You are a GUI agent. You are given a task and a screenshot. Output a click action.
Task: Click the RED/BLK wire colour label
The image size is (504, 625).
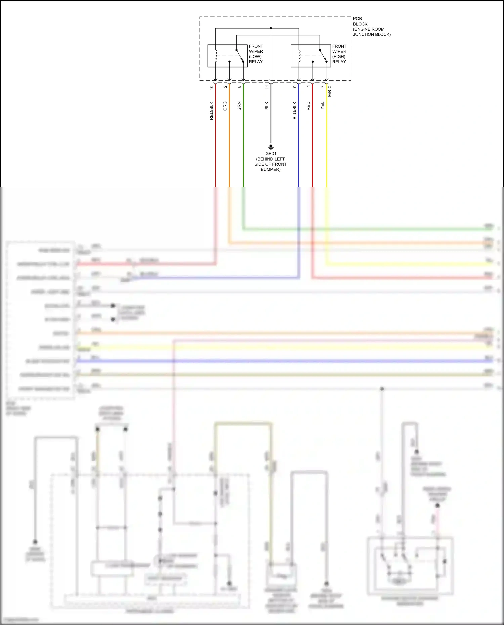point(211,111)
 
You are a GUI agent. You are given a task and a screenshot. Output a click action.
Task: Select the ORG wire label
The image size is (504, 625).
point(225,106)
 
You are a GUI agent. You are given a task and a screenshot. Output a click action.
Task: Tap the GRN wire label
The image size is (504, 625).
point(239,106)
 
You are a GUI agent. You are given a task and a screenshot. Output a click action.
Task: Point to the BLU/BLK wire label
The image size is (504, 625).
point(295,110)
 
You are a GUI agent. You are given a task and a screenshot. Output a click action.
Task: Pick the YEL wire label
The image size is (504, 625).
point(322,106)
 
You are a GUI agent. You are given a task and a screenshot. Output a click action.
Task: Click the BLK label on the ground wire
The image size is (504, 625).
point(267,106)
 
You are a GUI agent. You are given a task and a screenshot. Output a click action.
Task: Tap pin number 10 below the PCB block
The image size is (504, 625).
point(211,87)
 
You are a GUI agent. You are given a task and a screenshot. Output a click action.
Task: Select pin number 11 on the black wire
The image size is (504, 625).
point(267,87)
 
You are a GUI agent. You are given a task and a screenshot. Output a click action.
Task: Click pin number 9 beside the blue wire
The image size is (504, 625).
point(295,87)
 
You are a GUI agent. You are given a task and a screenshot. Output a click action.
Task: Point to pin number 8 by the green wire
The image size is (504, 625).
point(239,87)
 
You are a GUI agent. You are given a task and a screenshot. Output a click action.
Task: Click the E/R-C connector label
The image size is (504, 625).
point(330,91)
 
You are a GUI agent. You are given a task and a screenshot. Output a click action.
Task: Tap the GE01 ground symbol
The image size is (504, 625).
point(271,147)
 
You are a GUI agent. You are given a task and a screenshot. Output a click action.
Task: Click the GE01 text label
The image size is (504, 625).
point(271,154)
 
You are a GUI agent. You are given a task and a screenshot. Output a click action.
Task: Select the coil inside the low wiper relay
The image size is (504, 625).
point(216,56)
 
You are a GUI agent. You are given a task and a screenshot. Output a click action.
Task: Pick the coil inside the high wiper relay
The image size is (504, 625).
point(299,56)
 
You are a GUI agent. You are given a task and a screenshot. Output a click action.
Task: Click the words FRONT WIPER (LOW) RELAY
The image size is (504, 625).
point(256,54)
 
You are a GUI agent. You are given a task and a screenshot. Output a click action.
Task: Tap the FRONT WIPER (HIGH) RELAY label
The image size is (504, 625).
point(339,54)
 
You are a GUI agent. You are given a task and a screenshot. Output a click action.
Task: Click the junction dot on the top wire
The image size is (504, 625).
point(271,28)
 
